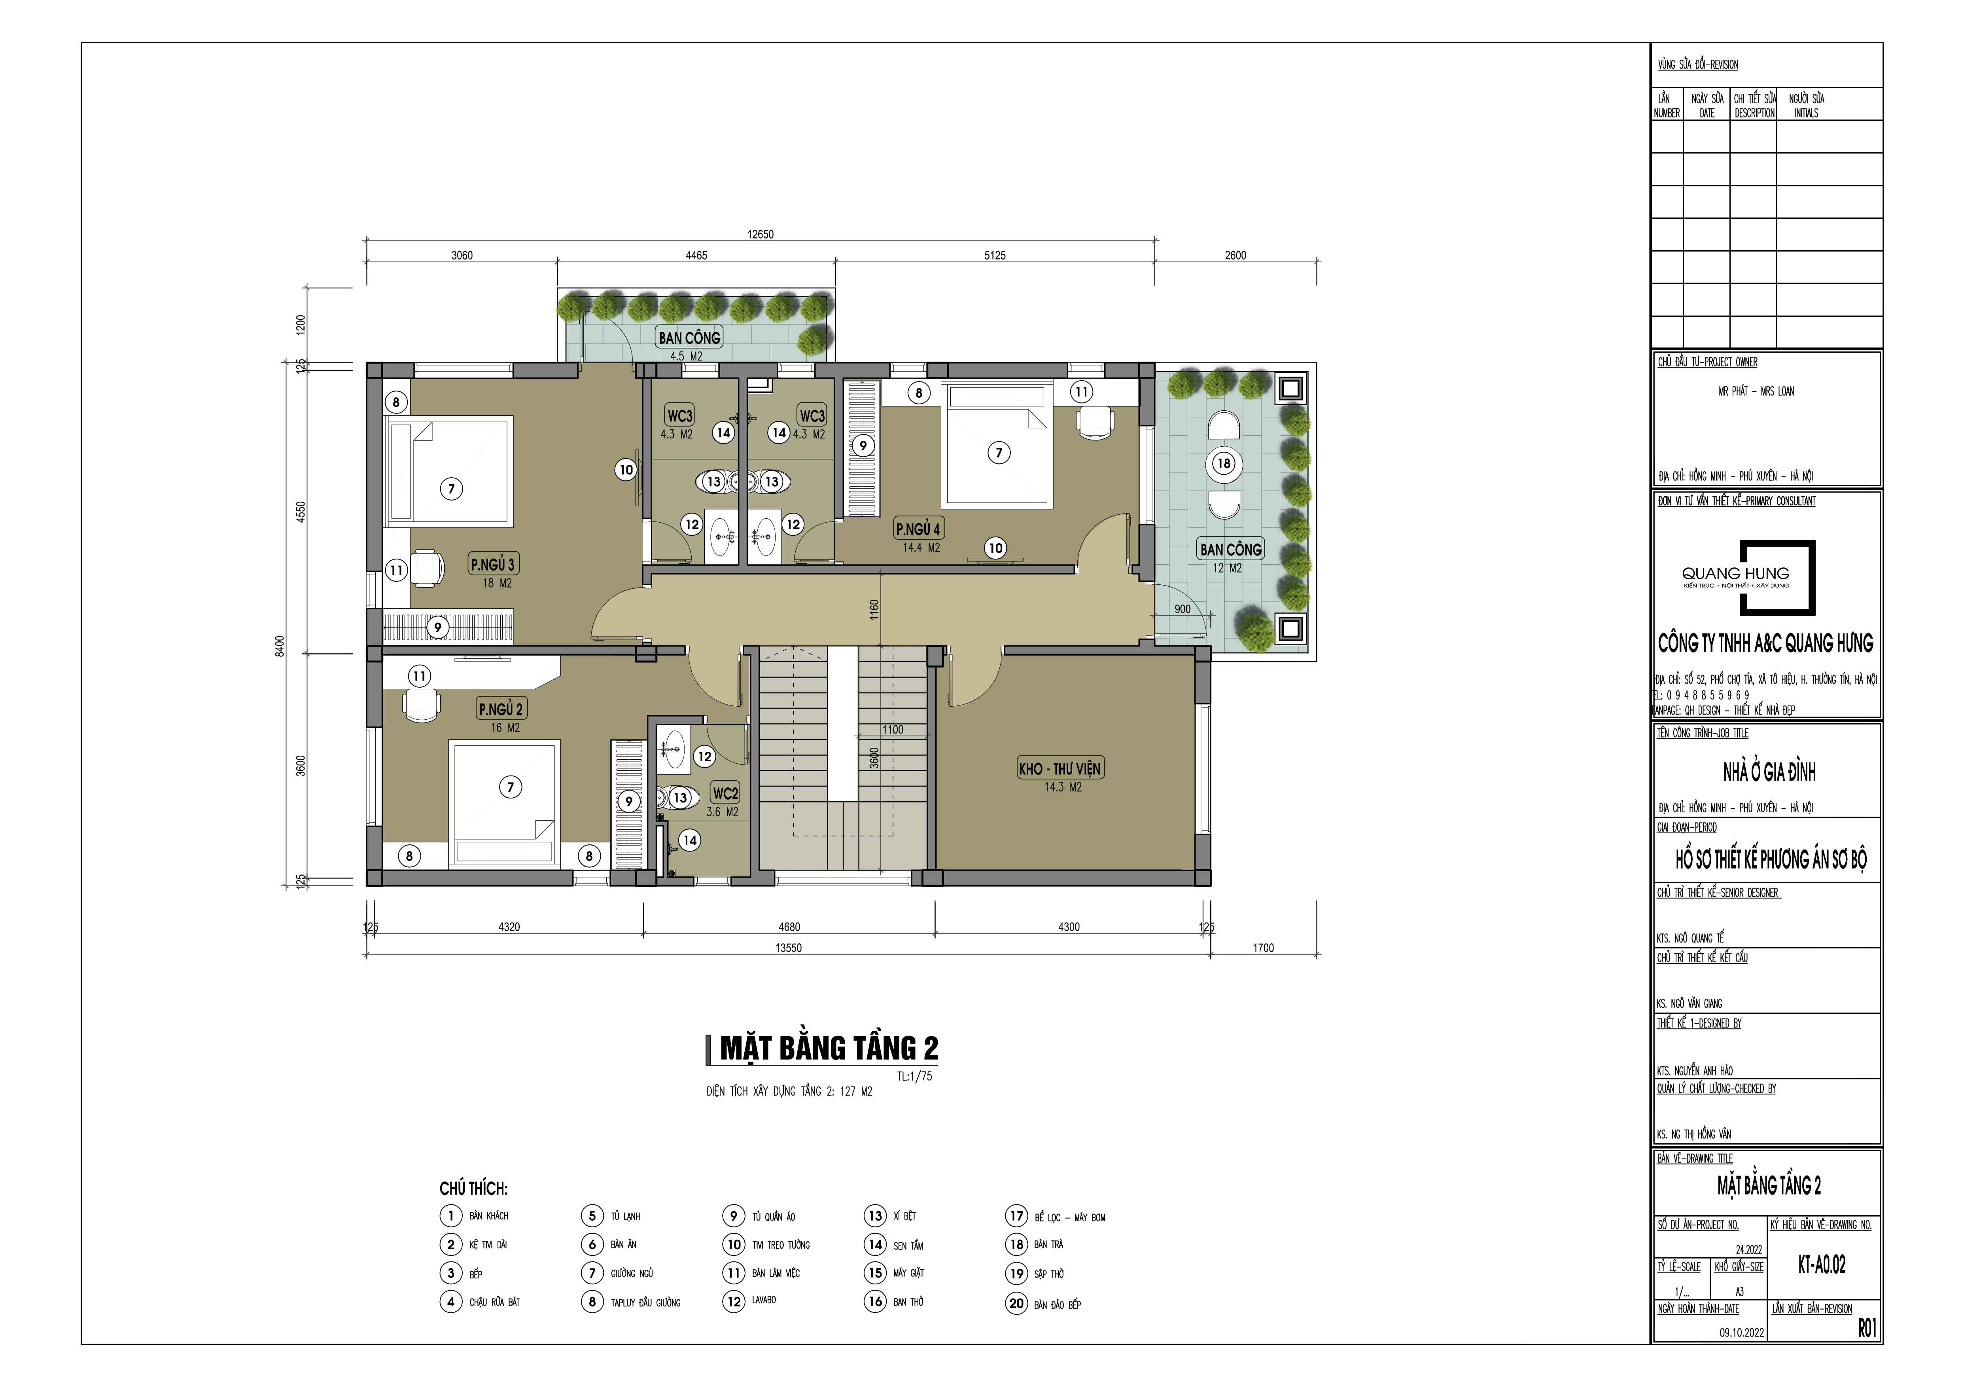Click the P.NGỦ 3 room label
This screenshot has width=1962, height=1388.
point(493,564)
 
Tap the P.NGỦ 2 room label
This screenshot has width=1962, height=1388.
point(501,709)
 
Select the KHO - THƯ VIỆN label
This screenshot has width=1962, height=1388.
point(1060,768)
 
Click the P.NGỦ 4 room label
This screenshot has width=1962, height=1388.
point(918,529)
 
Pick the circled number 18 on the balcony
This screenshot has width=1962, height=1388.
point(1224,463)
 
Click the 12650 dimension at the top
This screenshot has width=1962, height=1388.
point(761,234)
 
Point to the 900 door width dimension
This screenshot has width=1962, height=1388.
point(1182,609)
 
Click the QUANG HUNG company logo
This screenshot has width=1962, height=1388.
point(1748,577)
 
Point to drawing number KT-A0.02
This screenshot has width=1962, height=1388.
point(1822,1265)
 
